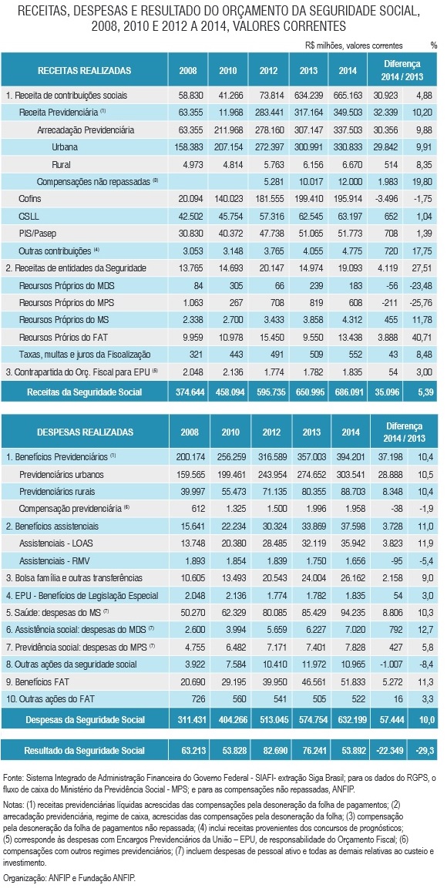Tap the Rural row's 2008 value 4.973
click(x=188, y=164)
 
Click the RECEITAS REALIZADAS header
click(x=84, y=71)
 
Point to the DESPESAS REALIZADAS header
click(x=85, y=432)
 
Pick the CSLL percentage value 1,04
click(x=426, y=217)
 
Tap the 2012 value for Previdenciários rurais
click(x=271, y=491)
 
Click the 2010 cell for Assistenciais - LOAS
click(x=230, y=542)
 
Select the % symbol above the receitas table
click(x=434, y=45)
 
